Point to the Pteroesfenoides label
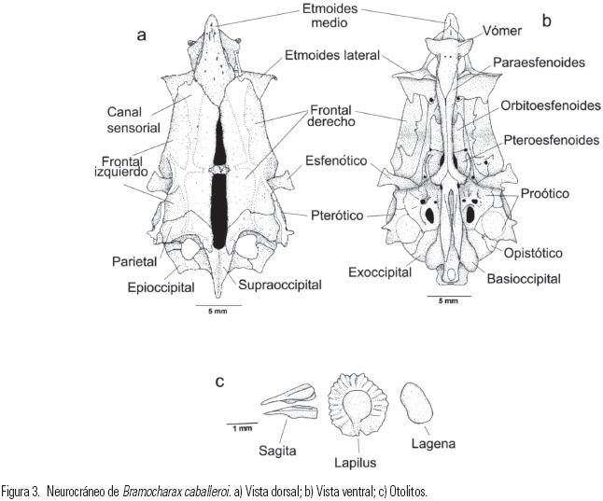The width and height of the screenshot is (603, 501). [549, 139]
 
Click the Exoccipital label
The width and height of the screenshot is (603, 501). [380, 272]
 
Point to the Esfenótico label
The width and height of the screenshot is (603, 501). [337, 160]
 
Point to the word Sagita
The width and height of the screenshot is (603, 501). [278, 450]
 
